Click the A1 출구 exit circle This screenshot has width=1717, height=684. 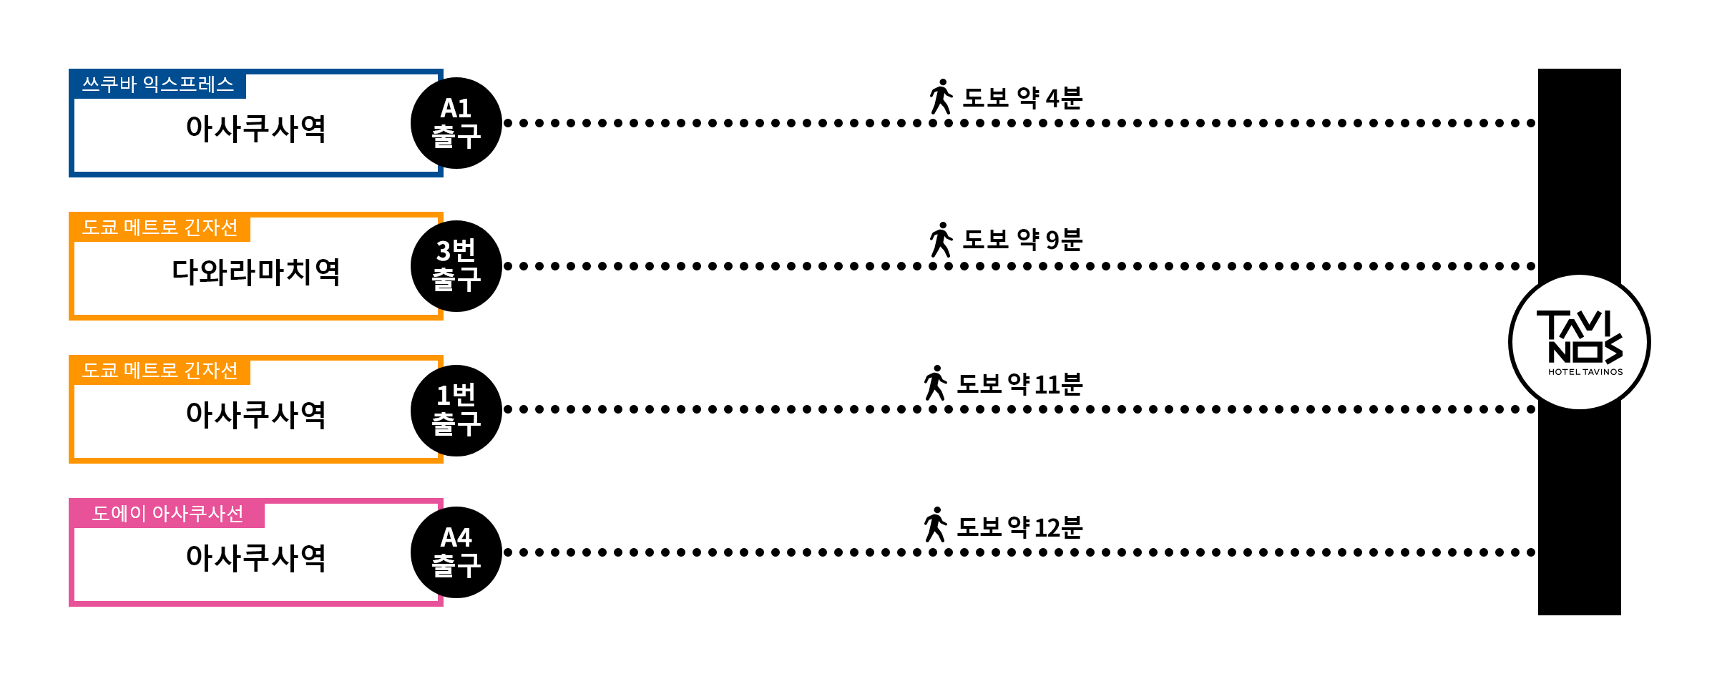(x=456, y=123)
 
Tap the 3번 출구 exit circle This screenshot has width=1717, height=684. (x=456, y=266)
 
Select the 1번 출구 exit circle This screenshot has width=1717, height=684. (x=456, y=410)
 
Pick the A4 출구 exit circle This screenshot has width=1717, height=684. (x=456, y=552)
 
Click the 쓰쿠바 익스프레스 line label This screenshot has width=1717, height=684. (x=158, y=84)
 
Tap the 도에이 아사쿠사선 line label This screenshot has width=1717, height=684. (x=168, y=514)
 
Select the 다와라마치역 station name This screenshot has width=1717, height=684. (x=256, y=272)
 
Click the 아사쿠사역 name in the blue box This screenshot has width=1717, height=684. (x=256, y=129)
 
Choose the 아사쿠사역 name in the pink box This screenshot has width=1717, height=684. (x=256, y=558)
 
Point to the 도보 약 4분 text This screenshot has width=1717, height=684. (x=1022, y=97)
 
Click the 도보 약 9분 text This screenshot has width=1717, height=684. (x=1022, y=240)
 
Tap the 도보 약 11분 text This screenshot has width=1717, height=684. (x=1019, y=384)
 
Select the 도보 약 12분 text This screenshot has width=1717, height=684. (x=1019, y=527)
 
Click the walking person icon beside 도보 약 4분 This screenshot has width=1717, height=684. (x=941, y=97)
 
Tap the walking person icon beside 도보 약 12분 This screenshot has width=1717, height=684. (x=936, y=524)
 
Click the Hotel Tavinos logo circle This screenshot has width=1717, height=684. (x=1580, y=342)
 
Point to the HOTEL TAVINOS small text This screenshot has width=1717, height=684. (x=1585, y=372)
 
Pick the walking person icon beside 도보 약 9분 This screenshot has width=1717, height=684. (x=941, y=240)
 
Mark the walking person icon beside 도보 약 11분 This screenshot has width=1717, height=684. (x=936, y=383)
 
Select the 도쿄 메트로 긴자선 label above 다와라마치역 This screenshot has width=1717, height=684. (x=160, y=228)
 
